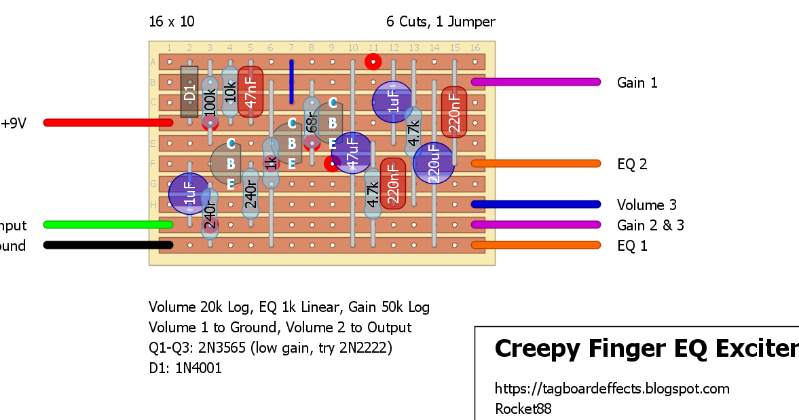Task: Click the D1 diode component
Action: coord(189,92)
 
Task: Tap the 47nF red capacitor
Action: coord(250,92)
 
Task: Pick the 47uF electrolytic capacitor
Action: coord(352,153)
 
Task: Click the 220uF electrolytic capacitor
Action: coord(434,164)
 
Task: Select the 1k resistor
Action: coord(271,163)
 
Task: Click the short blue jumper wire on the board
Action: coord(291,82)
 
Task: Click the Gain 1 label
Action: coord(637,83)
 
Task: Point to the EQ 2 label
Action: coord(632,164)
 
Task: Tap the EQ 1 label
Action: coord(632,246)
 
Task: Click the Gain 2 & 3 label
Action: coord(650,226)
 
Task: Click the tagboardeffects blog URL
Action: coord(612,389)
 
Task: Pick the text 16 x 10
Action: coord(172,22)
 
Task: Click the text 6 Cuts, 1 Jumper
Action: coord(441,22)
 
